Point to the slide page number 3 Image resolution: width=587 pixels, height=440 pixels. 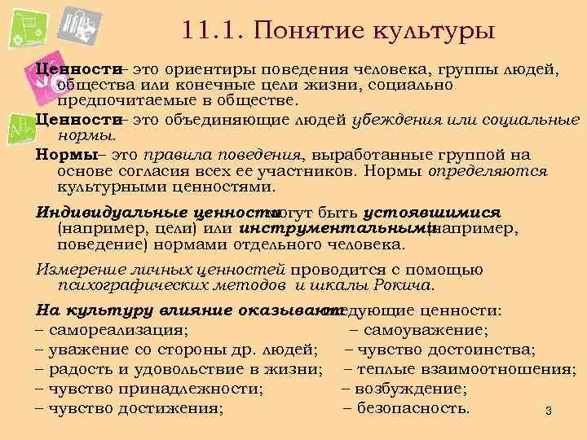pos(549,410)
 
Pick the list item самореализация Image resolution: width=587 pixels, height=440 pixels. pos(117,330)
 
